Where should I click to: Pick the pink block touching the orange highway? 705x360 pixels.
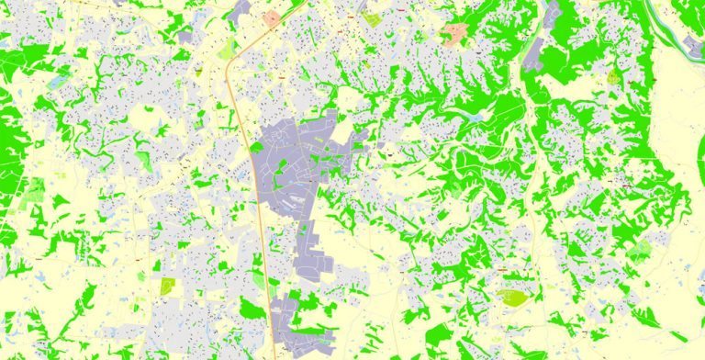pyautogui.click(x=272, y=17)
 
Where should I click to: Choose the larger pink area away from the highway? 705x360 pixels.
pyautogui.click(x=454, y=35)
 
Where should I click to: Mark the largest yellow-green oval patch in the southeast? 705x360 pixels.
pyautogui.click(x=512, y=297)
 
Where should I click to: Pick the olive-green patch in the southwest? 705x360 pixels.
pyautogui.click(x=167, y=287)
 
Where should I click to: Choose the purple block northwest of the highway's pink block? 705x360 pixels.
pyautogui.click(x=241, y=13)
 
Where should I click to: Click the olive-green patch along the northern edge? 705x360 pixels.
pyautogui.click(x=371, y=17)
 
